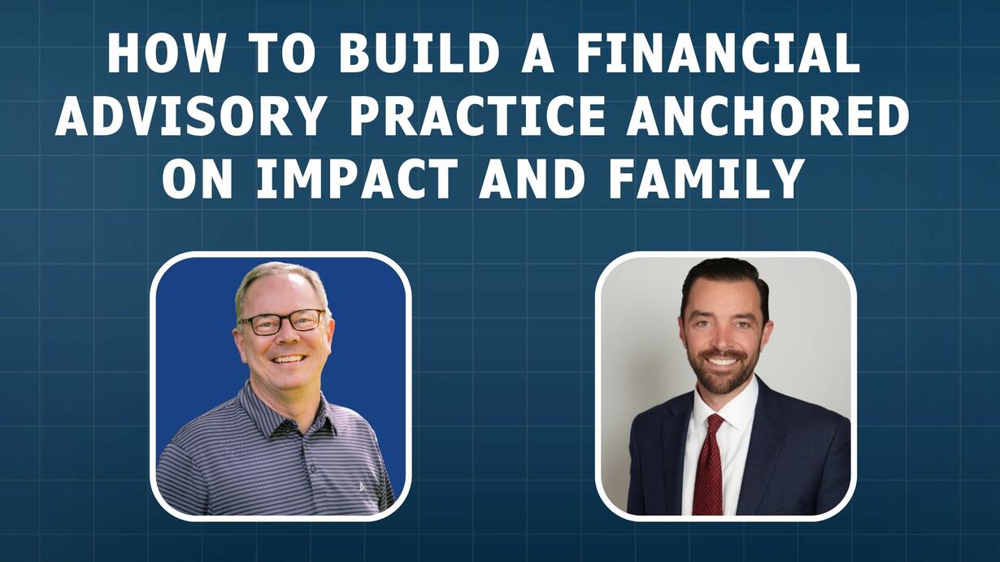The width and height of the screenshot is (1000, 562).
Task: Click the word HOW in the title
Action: [x=165, y=53]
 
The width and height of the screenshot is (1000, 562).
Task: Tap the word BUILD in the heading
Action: [x=419, y=53]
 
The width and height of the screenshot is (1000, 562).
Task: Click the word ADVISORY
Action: [x=189, y=115]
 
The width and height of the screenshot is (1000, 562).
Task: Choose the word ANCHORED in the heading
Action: [x=767, y=115]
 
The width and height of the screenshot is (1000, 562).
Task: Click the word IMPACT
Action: [x=357, y=178]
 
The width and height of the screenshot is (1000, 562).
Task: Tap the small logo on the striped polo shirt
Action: [x=363, y=486]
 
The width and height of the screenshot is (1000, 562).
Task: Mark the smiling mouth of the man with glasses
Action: [x=289, y=359]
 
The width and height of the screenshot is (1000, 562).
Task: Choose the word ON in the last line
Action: [x=198, y=178]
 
